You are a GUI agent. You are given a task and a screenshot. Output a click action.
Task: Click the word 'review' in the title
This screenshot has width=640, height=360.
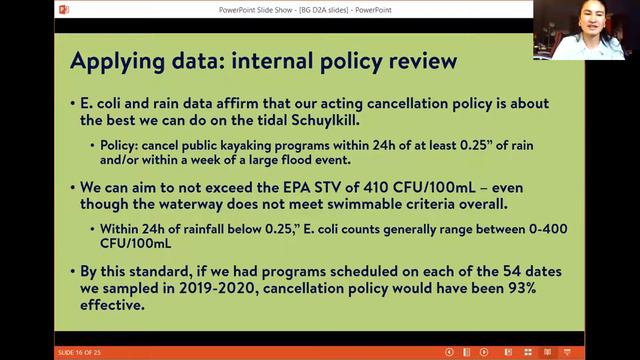click(x=418, y=61)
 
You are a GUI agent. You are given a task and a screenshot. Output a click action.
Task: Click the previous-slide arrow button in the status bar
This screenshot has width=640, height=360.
click(x=450, y=352)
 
